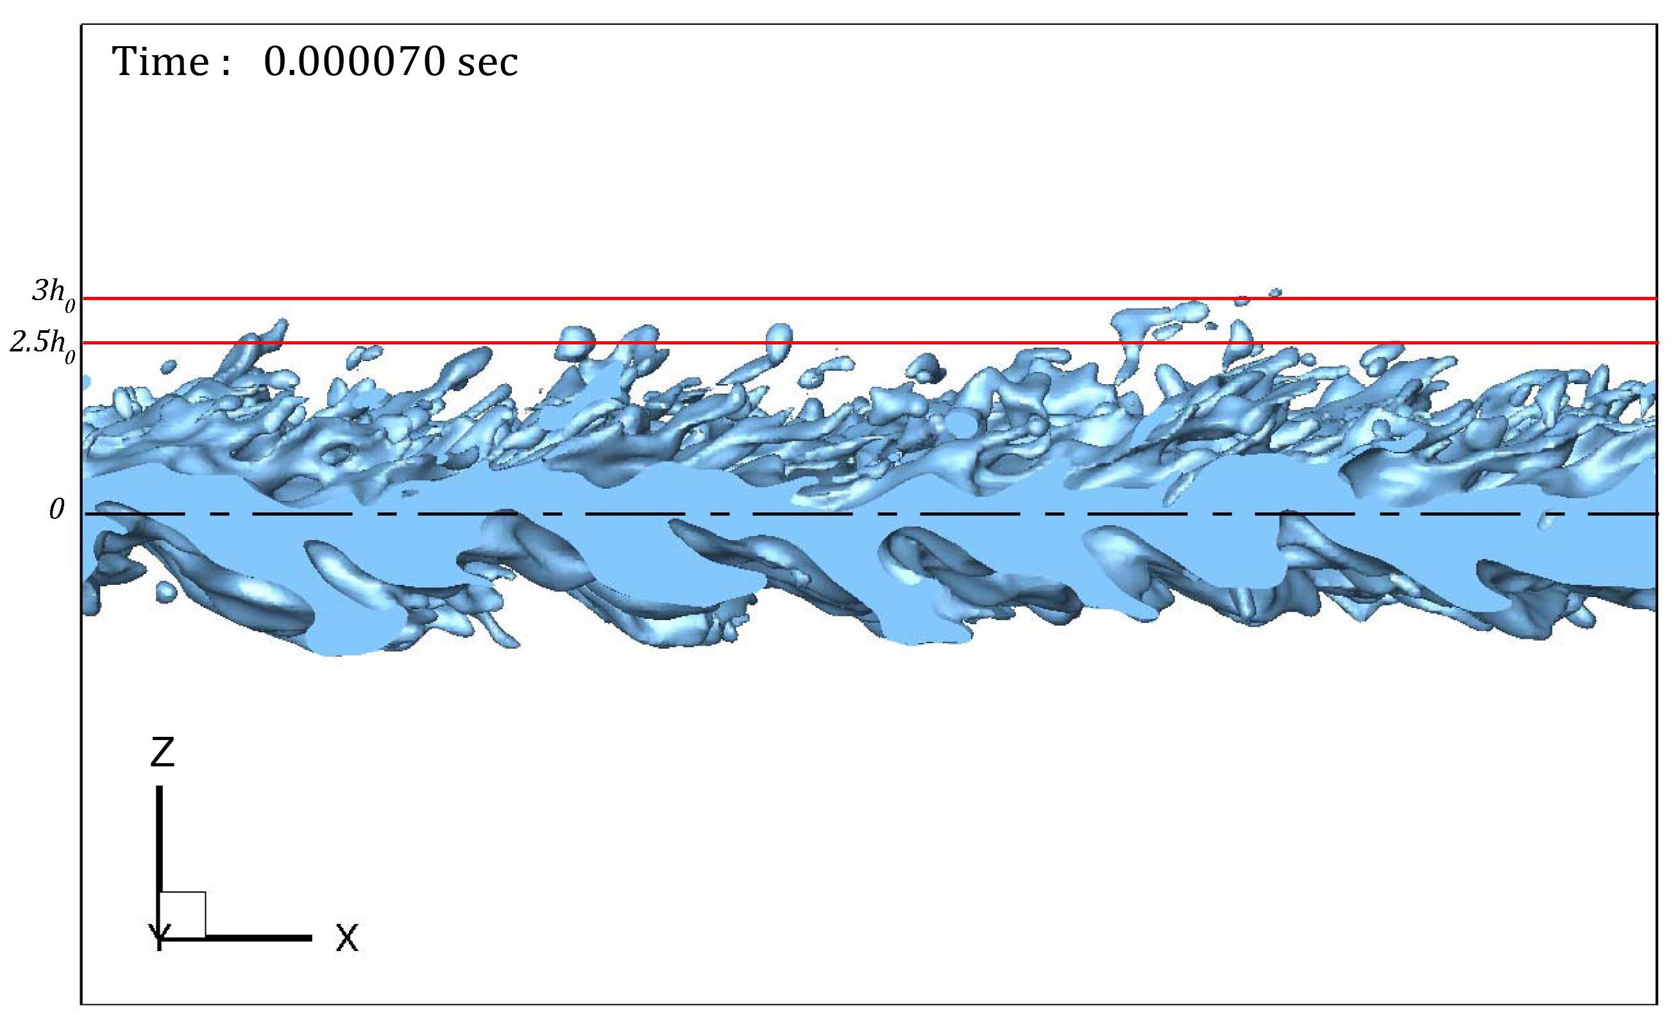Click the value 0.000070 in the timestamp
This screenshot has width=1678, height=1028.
354,62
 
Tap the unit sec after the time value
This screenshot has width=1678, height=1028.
487,65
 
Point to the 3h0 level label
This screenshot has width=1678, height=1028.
54,295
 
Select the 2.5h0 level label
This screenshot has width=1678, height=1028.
42,345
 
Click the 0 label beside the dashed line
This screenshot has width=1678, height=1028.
56,509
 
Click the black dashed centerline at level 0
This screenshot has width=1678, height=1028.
870,514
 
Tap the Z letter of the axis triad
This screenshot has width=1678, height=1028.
162,753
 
